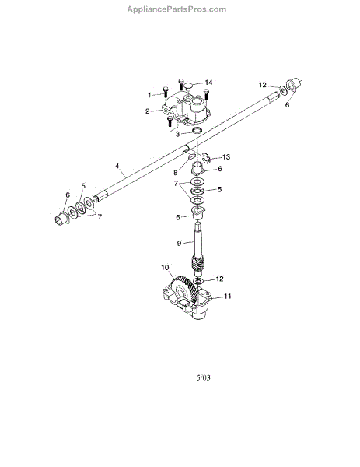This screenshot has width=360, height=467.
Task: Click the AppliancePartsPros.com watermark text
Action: click(177, 9)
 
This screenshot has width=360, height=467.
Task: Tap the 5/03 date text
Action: click(203, 377)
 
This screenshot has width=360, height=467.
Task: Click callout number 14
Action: click(208, 83)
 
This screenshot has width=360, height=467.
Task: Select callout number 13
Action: click(226, 157)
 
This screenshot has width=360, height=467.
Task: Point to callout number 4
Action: click(117, 166)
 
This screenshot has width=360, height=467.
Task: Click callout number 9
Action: click(179, 244)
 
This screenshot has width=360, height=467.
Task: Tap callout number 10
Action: click(165, 267)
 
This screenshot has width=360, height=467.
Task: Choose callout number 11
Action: click(227, 296)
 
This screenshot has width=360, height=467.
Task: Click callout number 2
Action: click(147, 111)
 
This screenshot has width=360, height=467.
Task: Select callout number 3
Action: click(177, 134)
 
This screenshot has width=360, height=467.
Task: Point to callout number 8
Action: click(176, 173)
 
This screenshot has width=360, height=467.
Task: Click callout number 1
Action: click(149, 95)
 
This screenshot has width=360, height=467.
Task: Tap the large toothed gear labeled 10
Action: click(183, 290)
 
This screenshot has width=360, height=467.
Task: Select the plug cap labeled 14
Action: click(187, 86)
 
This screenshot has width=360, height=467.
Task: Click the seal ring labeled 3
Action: click(197, 130)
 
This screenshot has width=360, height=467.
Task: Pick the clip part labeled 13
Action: click(206, 157)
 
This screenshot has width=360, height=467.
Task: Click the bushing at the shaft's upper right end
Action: click(293, 85)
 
